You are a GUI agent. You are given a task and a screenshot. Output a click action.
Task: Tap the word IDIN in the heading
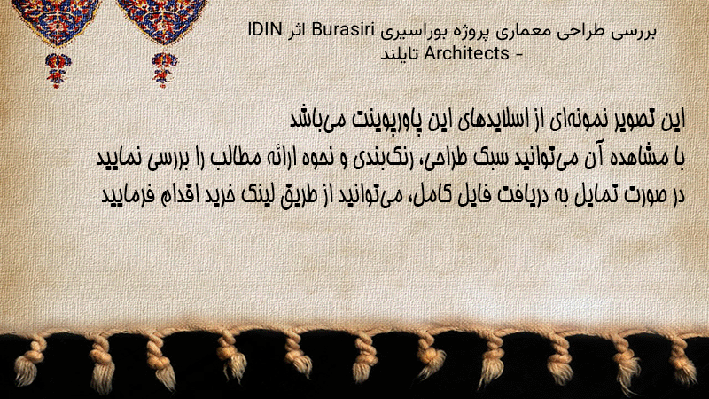click(265, 31)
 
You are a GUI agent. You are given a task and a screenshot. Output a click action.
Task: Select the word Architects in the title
click(467, 53)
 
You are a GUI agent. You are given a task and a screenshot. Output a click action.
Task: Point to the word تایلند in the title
click(400, 53)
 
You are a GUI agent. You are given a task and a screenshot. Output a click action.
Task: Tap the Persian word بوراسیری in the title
click(412, 32)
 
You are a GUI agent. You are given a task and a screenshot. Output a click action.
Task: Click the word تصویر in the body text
click(632, 120)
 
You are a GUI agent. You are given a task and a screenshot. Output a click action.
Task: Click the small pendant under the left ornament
click(57, 70)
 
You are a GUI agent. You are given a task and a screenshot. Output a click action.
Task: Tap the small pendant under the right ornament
click(164, 70)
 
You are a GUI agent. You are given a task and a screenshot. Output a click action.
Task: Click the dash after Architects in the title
click(518, 55)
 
